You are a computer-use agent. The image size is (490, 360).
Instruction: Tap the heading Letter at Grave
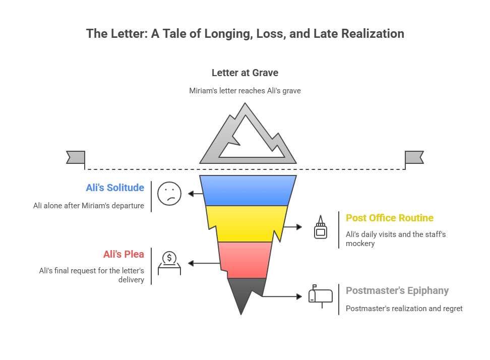[245, 73]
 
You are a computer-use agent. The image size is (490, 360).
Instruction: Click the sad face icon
[169, 193]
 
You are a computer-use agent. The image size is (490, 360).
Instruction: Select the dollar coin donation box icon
[169, 263]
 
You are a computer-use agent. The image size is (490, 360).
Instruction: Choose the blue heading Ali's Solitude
[115, 188]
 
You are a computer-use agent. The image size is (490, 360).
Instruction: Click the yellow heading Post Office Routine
[389, 218]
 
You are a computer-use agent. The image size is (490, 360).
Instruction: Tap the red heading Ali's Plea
[124, 254]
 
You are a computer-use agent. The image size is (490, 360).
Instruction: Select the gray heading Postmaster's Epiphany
[397, 290]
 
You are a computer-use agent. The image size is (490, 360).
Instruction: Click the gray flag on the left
[76, 157]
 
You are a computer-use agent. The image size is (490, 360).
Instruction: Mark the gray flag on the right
[414, 157]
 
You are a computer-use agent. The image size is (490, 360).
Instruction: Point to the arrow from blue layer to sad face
[195, 193]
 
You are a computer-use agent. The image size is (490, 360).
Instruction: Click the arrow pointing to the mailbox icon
[282, 296]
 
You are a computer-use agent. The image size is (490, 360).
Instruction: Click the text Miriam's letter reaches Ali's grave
[245, 91]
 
